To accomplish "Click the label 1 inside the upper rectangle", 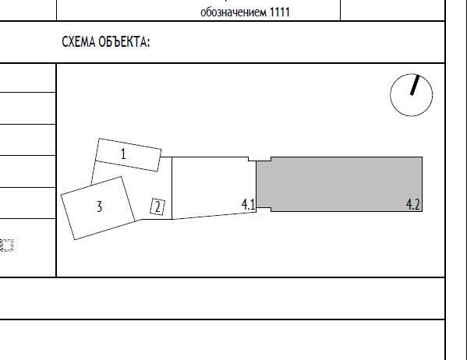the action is [123, 154].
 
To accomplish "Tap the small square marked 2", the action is [157, 206].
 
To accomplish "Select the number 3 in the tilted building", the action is [100, 206].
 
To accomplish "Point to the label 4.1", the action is [249, 205].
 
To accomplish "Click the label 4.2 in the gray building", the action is [413, 205].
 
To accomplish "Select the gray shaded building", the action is [339, 185].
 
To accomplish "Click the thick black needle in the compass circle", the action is [415, 85].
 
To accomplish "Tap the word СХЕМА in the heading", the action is [79, 41].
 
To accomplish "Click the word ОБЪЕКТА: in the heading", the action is [124, 41].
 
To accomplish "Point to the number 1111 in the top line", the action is [280, 12].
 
